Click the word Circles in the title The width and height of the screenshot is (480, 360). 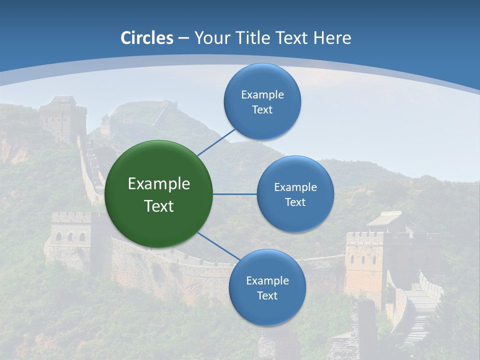[147, 38]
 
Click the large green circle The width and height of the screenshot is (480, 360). [159, 194]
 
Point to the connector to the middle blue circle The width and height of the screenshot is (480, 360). [235, 194]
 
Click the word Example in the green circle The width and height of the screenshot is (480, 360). [159, 184]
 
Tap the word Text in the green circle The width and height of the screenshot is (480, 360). [159, 206]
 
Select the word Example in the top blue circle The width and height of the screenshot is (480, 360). [262, 94]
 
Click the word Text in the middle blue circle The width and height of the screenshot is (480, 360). [295, 202]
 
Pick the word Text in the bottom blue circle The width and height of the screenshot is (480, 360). [267, 295]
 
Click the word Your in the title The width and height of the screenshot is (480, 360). [209, 38]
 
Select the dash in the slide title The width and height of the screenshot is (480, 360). [183, 38]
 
